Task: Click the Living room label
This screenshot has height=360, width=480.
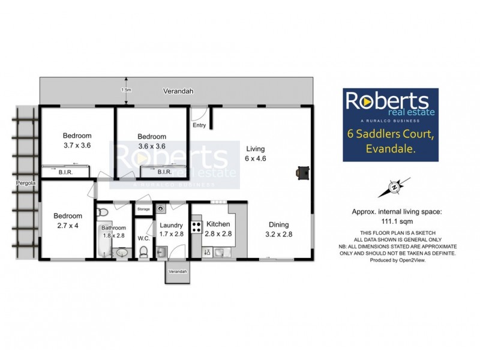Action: [x=255, y=149]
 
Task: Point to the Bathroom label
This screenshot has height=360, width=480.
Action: [x=113, y=227]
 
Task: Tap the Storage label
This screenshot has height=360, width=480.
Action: [x=143, y=209]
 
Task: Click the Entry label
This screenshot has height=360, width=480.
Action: [x=199, y=125]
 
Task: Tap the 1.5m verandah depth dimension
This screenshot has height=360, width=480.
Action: [x=125, y=90]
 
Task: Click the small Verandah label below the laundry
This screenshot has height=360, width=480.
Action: [x=178, y=272]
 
